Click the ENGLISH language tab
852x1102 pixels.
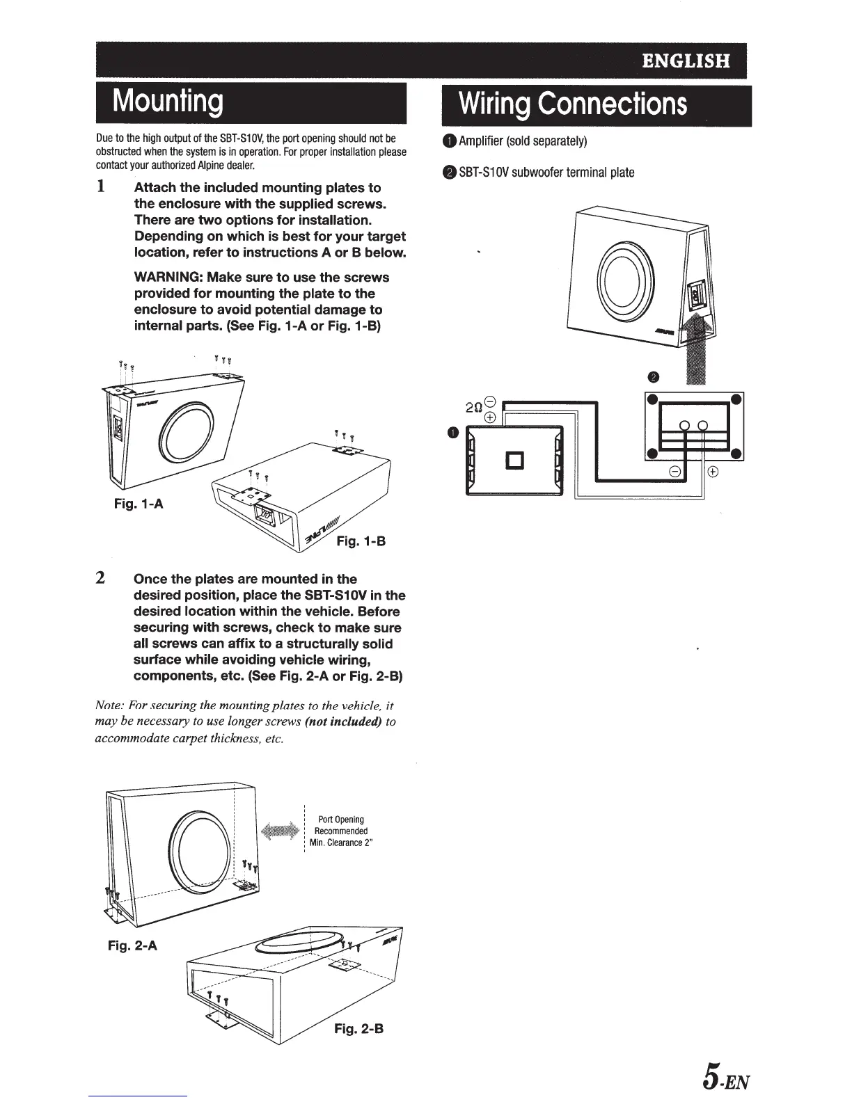tap(686, 61)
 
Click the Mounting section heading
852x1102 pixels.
tap(168, 102)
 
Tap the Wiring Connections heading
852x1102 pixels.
tap(573, 104)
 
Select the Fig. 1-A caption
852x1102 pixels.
tap(139, 504)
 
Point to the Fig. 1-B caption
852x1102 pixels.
tap(361, 541)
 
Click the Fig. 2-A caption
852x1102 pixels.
tap(132, 945)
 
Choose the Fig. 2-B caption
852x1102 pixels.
tap(358, 1028)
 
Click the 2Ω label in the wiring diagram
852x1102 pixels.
tap(474, 408)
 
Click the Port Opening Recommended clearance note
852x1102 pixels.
tap(341, 831)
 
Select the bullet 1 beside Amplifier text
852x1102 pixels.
tap(450, 142)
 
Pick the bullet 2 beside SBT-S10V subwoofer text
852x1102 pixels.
tap(450, 173)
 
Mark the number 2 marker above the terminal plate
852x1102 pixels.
tap(652, 378)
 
